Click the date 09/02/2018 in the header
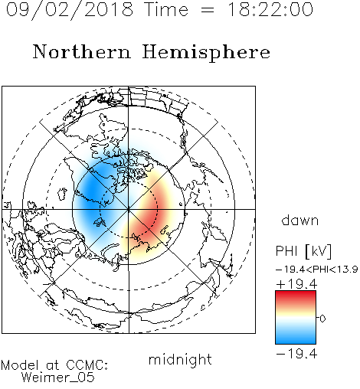(70, 10)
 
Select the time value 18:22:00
(270, 9)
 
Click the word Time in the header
(166, 9)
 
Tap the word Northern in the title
(82, 52)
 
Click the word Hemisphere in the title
(206, 53)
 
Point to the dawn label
(300, 220)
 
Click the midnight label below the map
(180, 360)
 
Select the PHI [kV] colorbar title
(303, 251)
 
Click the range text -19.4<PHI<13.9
(317, 270)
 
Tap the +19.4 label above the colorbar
(296, 284)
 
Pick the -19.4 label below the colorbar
(296, 354)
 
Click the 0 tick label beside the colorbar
(322, 319)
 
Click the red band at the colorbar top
(296, 296)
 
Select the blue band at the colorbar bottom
(296, 338)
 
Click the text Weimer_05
(58, 378)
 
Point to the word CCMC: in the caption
(87, 365)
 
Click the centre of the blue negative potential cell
(93, 190)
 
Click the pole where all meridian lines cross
(129, 210)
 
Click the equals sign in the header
(208, 10)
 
